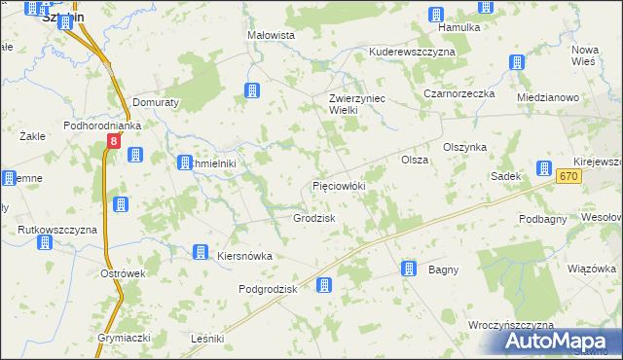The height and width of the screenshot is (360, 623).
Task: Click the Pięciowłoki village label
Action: click(338, 185)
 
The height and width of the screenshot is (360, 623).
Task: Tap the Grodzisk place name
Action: click(314, 218)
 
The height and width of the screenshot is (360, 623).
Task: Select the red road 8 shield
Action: click(114, 142)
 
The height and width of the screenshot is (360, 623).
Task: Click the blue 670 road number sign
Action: click(569, 176)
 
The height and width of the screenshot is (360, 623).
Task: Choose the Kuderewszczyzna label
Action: click(412, 51)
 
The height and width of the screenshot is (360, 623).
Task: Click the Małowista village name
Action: click(271, 35)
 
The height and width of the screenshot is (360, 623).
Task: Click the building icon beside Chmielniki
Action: click(184, 163)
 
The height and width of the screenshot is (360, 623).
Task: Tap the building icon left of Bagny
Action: click(410, 269)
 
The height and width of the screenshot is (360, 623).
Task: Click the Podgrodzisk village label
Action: click(267, 289)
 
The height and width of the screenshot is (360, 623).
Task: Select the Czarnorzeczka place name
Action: click(459, 94)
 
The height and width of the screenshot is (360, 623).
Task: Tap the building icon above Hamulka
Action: click(435, 14)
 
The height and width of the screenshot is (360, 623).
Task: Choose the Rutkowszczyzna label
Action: click(58, 230)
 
